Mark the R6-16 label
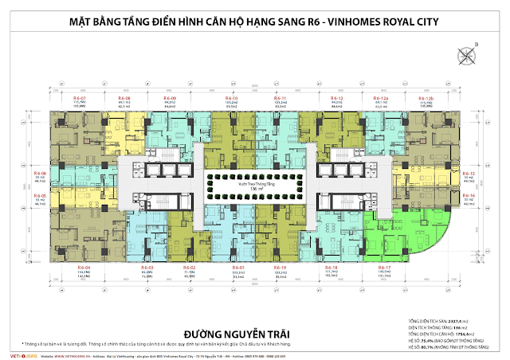[469, 195]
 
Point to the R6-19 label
[280, 267]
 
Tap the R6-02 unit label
[189, 267]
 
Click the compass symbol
[465, 55]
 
